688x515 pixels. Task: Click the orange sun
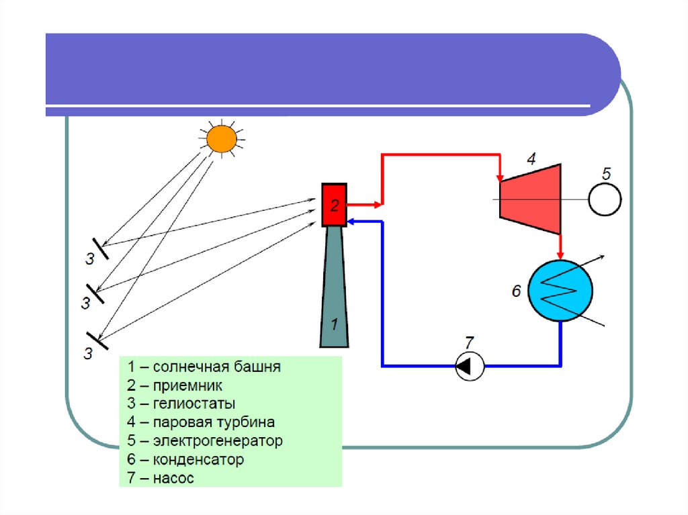coord(221,138)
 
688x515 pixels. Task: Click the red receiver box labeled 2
coord(334,204)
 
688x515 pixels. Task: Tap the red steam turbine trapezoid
coord(529,199)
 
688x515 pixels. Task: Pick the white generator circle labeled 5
coord(605,199)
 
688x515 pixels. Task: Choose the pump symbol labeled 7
coord(470,366)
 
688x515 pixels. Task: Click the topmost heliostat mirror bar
coord(100,247)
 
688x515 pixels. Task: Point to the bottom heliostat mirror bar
coord(97,340)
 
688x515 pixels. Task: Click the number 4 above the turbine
coord(531,159)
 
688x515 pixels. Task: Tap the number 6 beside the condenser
coord(516,291)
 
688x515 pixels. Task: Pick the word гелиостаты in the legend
coord(193,404)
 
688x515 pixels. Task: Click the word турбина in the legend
coord(245,422)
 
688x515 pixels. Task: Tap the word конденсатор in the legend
coord(198,460)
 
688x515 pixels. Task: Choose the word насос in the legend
coord(173,479)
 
